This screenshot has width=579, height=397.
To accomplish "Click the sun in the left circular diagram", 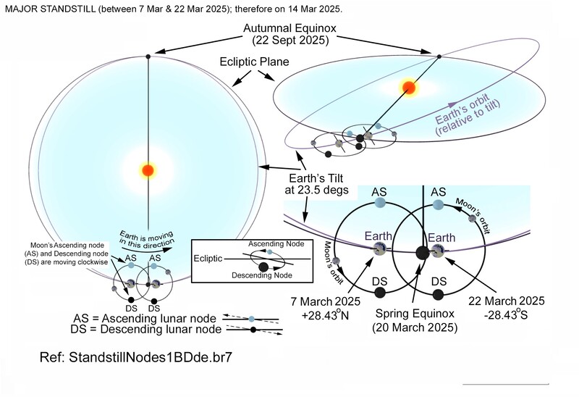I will (x=148, y=170).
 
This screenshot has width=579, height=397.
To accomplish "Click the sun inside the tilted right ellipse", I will (x=408, y=88).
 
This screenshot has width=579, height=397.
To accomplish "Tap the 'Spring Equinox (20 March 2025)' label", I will (x=416, y=321).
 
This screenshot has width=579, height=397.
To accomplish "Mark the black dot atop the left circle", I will (x=148, y=57).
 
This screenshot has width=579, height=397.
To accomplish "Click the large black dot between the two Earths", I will (x=422, y=253).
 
